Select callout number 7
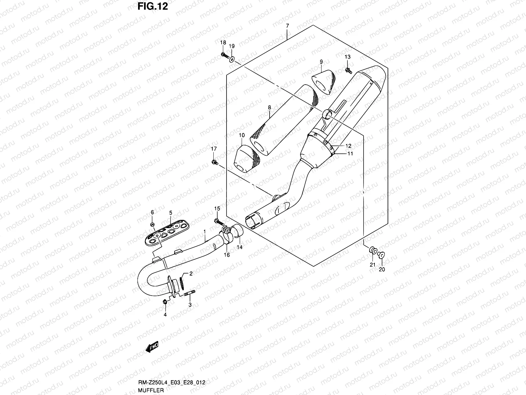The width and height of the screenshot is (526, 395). (287, 26)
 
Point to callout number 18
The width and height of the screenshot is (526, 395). (223, 42)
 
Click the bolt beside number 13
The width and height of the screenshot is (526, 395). (348, 70)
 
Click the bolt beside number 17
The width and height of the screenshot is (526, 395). (214, 162)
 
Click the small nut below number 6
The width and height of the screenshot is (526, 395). (153, 225)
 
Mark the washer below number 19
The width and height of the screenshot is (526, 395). (232, 59)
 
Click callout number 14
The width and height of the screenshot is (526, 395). (239, 247)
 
